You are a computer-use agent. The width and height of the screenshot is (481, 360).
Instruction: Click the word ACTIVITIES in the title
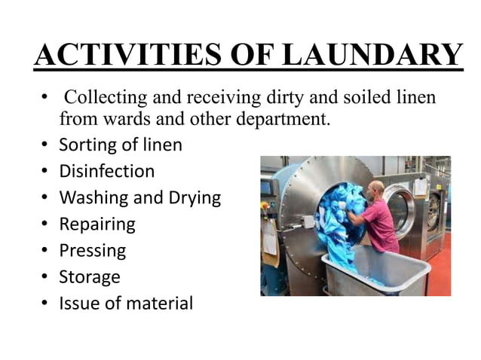click(x=112, y=55)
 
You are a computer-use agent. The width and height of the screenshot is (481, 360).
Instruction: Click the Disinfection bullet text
click(x=106, y=171)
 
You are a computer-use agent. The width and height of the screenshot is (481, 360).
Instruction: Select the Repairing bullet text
click(x=97, y=224)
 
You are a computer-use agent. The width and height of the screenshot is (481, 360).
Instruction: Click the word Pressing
click(x=92, y=250)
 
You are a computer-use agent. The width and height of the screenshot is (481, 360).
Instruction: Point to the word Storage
click(x=89, y=276)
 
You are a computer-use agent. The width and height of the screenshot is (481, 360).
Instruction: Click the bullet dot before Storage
click(x=45, y=276)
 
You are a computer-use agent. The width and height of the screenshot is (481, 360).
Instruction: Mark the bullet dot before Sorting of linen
click(x=45, y=145)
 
